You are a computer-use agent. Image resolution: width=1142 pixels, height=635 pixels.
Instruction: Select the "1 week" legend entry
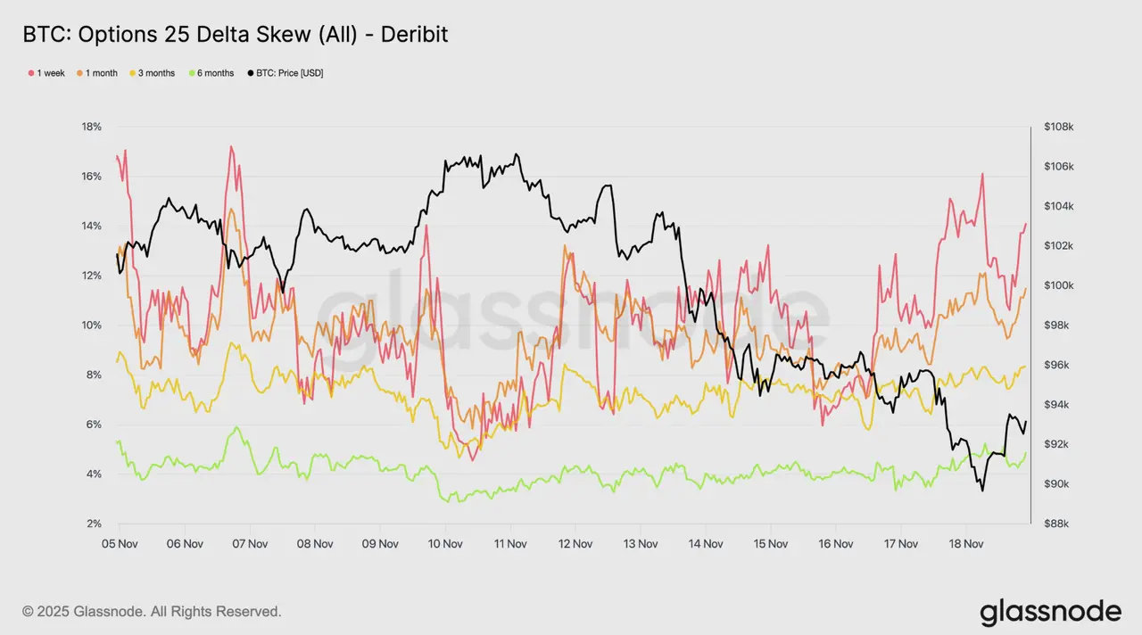(x=46, y=73)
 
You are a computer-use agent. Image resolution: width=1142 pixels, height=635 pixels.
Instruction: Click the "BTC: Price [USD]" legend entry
(x=285, y=73)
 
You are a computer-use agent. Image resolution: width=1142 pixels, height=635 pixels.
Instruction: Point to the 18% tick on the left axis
(x=92, y=127)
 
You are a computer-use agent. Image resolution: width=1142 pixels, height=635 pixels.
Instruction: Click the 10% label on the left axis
(x=92, y=325)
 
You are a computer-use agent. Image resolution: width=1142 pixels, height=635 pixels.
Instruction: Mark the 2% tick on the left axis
(x=95, y=524)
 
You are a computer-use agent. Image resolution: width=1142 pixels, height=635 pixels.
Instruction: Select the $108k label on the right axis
(x=1060, y=127)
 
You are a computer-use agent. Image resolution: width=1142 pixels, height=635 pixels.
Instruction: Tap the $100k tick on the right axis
(x=1060, y=285)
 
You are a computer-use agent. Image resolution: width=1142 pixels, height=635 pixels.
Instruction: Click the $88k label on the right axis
(x=1060, y=524)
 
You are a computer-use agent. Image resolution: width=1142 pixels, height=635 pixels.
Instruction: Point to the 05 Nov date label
(x=119, y=543)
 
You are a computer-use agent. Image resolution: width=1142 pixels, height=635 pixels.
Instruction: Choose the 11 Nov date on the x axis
(x=509, y=543)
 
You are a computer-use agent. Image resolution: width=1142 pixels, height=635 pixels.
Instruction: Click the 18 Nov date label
(x=965, y=543)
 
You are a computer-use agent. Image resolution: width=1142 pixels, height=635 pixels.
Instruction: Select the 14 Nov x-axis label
(x=705, y=543)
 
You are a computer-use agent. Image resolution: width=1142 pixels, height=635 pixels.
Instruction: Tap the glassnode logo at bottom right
(x=1050, y=612)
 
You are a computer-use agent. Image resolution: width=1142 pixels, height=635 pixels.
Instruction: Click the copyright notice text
(x=152, y=612)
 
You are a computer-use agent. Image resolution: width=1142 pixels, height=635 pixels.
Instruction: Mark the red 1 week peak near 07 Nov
(x=231, y=146)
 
